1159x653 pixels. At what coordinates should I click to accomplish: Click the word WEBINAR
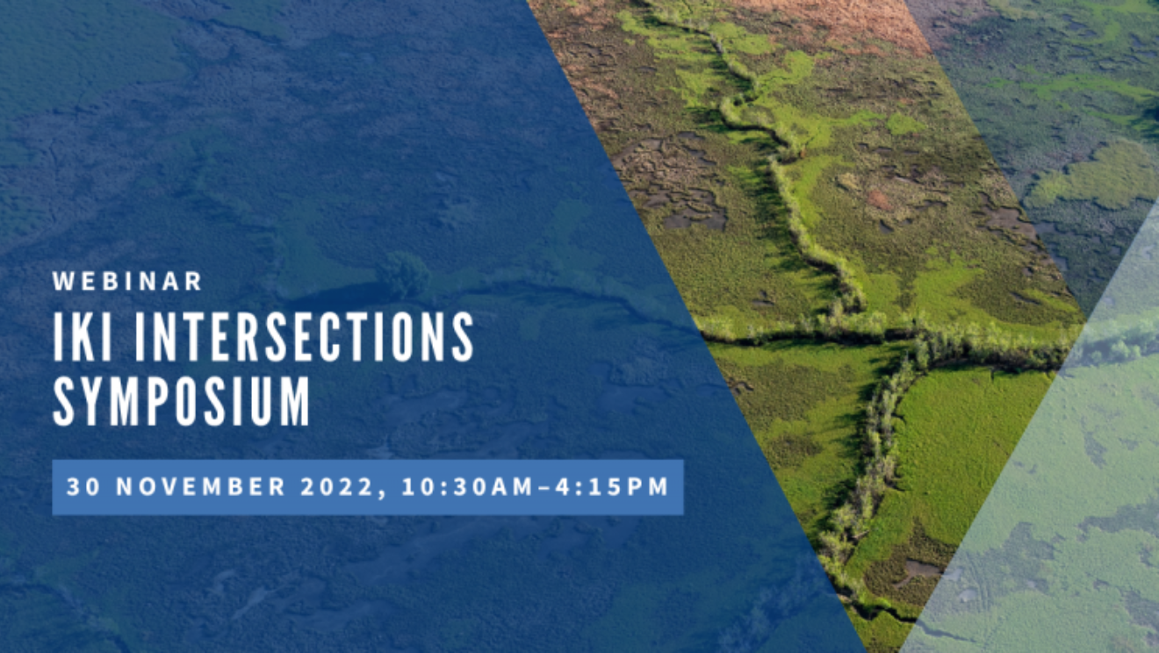(x=127, y=281)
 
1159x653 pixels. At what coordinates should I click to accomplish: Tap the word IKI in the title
(x=83, y=337)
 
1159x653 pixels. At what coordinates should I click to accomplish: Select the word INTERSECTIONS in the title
(x=304, y=337)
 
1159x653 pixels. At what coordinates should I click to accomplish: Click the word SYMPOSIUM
(x=181, y=401)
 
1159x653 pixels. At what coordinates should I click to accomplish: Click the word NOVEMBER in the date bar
(x=201, y=487)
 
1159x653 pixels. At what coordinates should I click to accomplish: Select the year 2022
(x=336, y=487)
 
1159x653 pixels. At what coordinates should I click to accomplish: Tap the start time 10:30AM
(x=467, y=487)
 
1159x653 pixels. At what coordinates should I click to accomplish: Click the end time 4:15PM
(x=612, y=487)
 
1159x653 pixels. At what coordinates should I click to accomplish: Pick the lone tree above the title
(x=404, y=274)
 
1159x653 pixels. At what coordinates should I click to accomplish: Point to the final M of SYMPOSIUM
(x=294, y=401)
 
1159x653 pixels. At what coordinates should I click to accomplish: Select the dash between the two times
(x=544, y=487)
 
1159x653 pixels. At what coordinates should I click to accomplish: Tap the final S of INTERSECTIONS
(x=463, y=337)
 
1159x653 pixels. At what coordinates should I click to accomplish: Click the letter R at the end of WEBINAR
(x=193, y=281)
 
